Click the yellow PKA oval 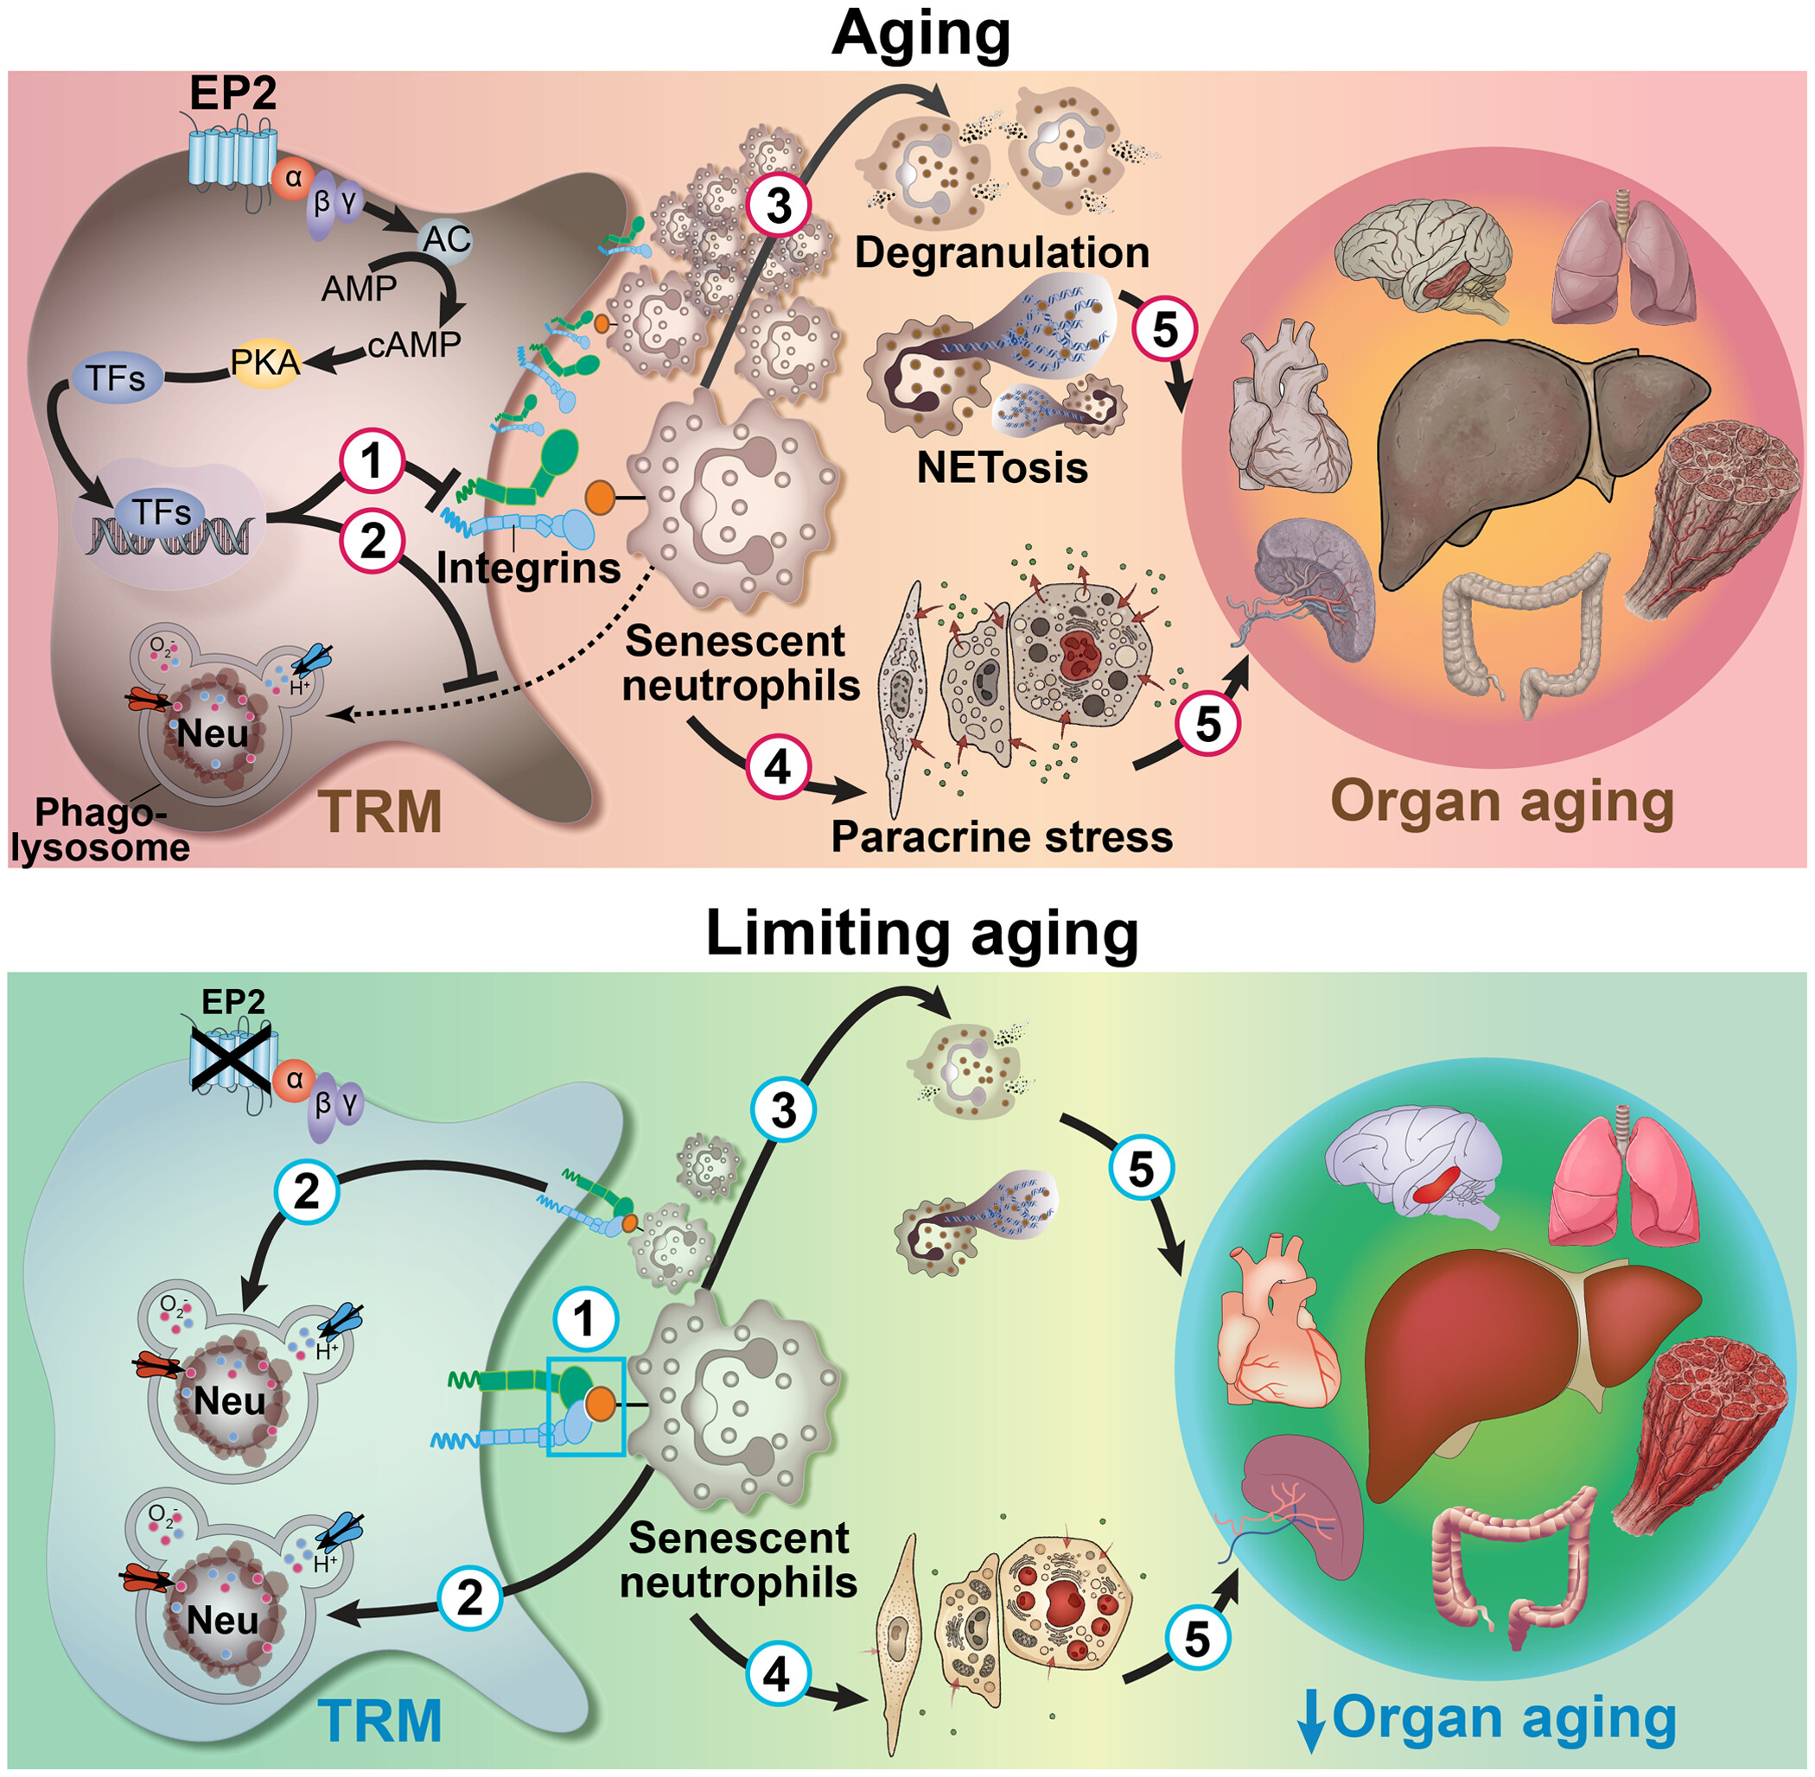coord(266,361)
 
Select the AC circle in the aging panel coord(445,239)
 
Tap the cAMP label coord(415,345)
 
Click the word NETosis coord(1002,467)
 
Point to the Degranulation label coord(1002,253)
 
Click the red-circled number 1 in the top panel coord(373,461)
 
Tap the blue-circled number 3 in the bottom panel coord(783,1111)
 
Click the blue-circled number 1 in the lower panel coord(585,1320)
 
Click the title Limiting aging coord(922,933)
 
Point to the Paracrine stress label coord(1002,837)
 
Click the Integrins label coord(528,568)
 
